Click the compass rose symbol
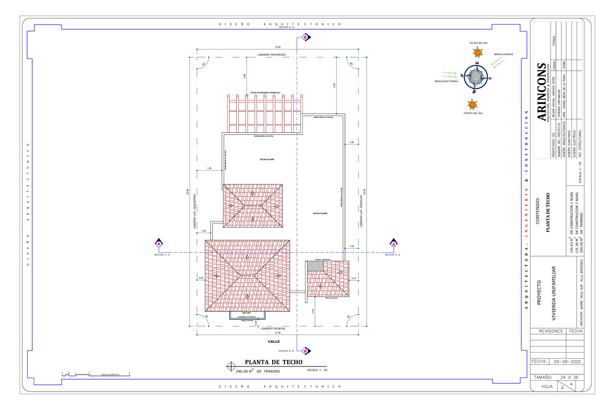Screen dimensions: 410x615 [x=477, y=78]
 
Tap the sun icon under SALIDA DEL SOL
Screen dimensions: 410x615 [x=478, y=52]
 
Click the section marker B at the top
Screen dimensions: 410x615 [x=305, y=37]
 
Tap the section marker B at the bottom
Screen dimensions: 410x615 [x=305, y=351]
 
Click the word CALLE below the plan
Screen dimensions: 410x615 [x=273, y=341]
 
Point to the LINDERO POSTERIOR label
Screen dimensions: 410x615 [x=271, y=54]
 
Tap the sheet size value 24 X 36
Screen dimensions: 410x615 [x=571, y=377]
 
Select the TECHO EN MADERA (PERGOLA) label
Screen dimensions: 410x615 [x=265, y=93]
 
